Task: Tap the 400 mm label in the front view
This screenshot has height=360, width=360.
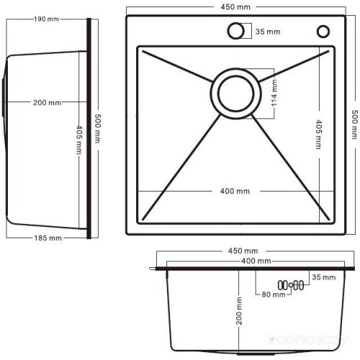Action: pos(256,260)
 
